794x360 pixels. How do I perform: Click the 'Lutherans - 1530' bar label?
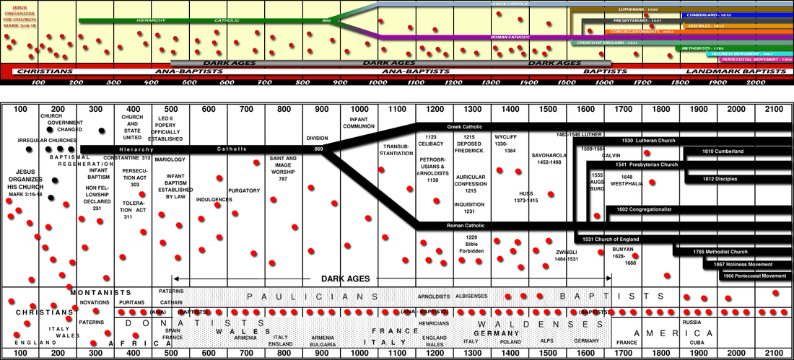638,9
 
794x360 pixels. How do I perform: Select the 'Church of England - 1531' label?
606,43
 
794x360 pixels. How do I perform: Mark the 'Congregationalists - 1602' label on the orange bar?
642,32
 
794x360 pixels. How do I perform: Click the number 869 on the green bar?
326,20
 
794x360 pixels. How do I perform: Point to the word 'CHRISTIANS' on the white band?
44,72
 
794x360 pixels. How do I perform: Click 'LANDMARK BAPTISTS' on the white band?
736,72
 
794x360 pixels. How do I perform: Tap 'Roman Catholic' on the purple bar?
511,37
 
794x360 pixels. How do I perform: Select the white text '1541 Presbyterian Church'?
646,164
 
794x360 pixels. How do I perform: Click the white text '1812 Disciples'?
720,179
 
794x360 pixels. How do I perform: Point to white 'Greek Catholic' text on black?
464,127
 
